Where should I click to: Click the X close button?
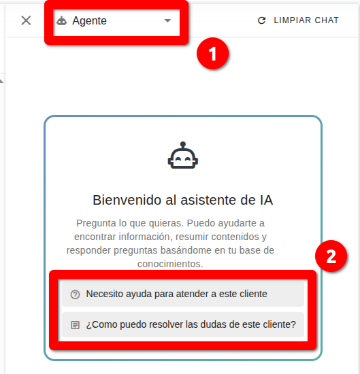26,20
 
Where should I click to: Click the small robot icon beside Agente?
62,21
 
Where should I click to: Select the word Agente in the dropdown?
90,21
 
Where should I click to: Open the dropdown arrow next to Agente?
167,21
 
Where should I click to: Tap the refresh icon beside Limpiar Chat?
261,20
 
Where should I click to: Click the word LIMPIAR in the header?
292,20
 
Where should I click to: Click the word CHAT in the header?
327,20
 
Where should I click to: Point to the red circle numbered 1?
212,54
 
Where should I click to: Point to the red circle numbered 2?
331,256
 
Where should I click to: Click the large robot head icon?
183,155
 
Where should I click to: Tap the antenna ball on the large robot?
183,144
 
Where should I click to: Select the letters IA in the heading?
266,200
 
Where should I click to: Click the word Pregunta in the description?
96,224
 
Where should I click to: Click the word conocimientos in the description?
170,264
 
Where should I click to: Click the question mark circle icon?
75,294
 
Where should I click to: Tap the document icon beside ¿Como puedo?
76,325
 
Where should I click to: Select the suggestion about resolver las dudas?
183,324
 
